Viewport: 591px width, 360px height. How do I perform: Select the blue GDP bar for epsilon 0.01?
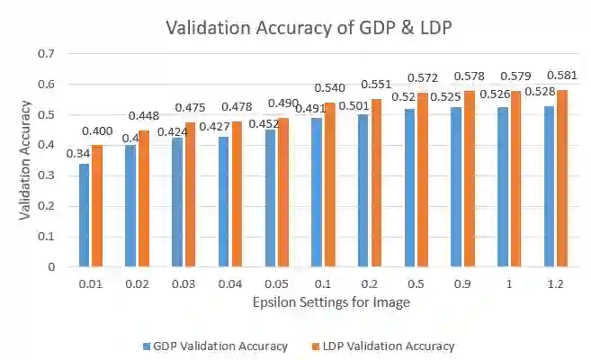(x=85, y=215)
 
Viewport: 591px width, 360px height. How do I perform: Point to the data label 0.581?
(x=562, y=76)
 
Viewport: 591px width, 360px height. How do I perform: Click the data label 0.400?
(x=98, y=132)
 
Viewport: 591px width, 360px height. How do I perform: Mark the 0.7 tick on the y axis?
(x=45, y=54)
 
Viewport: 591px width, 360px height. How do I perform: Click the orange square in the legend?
(x=304, y=346)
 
